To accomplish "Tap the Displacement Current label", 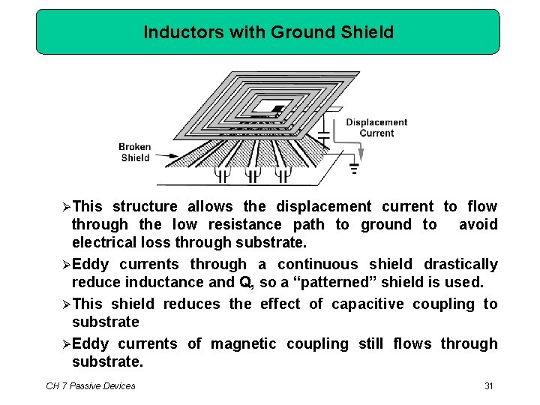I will pyautogui.click(x=376, y=127).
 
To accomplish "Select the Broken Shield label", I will pyautogui.click(x=135, y=152).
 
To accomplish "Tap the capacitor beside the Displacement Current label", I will pyautogui.click(x=323, y=137).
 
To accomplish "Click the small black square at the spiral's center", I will pyautogui.click(x=277, y=109).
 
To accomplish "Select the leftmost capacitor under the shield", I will pyautogui.click(x=223, y=175).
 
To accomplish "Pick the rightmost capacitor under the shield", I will pyautogui.click(x=283, y=175).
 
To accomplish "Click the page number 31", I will pyautogui.click(x=488, y=385).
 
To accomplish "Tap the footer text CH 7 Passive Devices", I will pyautogui.click(x=91, y=385).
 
